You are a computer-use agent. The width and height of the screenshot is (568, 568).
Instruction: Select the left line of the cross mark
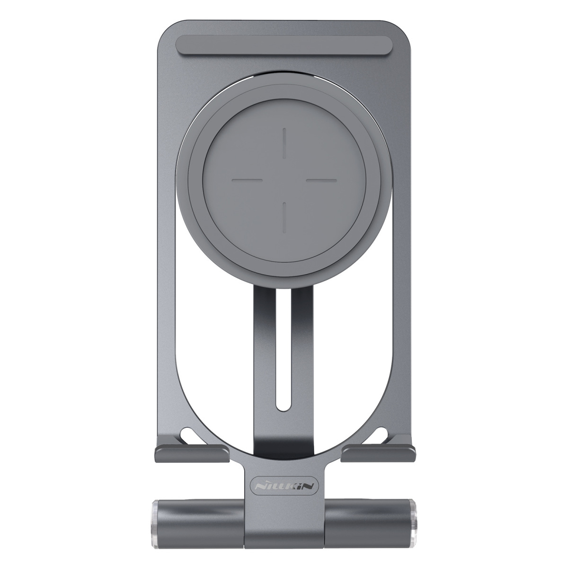[247, 179]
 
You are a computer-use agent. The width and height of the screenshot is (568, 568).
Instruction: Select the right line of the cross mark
[321, 179]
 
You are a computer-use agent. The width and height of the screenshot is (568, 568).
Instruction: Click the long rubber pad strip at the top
[284, 45]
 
